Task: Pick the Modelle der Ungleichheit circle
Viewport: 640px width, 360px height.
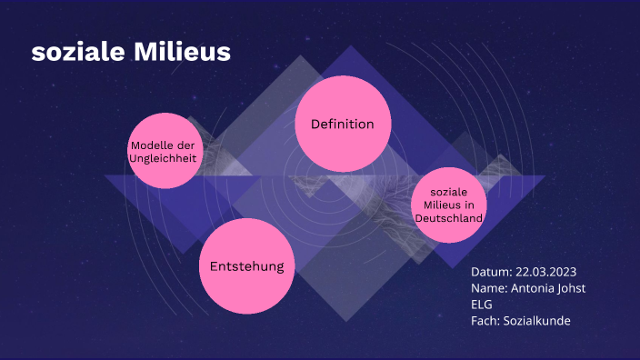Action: point(164,151)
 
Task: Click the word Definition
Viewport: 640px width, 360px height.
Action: point(342,124)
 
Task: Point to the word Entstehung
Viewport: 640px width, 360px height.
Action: point(246,266)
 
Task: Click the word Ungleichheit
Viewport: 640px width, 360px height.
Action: point(164,159)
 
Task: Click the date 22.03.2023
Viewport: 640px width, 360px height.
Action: point(546,272)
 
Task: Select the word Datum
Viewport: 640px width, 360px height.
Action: point(490,272)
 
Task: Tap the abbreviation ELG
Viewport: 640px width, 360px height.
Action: point(481,305)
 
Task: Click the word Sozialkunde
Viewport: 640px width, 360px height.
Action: point(536,321)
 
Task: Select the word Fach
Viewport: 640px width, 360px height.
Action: point(484,321)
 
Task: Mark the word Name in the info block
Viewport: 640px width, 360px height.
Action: point(487,288)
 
